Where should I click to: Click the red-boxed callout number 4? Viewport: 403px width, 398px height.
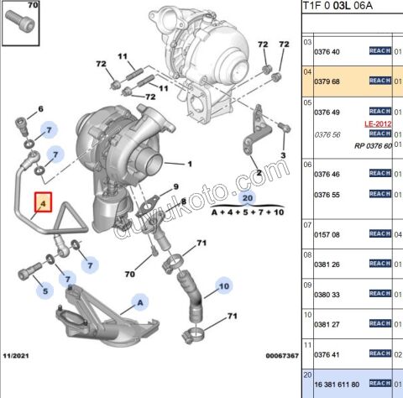tap(42, 203)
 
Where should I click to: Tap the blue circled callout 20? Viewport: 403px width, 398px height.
tap(247, 198)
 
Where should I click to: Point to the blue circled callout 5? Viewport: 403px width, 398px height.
tap(47, 292)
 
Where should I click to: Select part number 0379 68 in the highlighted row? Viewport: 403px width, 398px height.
tap(327, 82)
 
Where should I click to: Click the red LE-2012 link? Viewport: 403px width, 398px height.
tap(378, 123)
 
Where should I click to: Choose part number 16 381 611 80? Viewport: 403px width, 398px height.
tap(336, 384)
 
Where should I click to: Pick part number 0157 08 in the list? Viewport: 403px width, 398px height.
tap(327, 235)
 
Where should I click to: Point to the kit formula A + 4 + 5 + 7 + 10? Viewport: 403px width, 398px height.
tap(247, 214)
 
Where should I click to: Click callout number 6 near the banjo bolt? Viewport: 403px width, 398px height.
tap(39, 110)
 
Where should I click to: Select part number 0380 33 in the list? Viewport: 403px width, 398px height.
tap(327, 295)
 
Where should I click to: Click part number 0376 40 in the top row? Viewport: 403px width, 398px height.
tap(327, 52)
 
